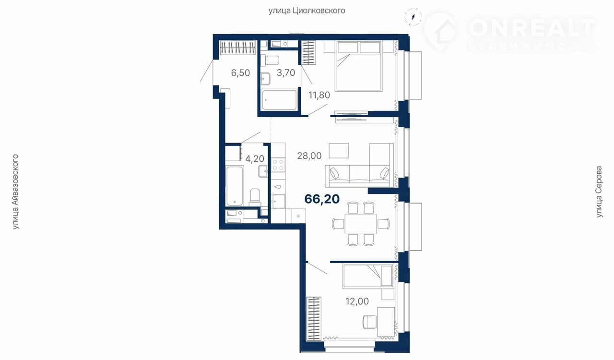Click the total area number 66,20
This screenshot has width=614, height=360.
point(322,199)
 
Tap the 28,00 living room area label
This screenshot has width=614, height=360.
point(309,156)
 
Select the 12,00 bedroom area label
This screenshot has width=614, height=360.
point(357,301)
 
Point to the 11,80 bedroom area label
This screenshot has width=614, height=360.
point(319,95)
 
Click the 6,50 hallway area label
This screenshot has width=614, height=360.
point(240,73)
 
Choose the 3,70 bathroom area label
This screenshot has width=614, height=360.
point(285,72)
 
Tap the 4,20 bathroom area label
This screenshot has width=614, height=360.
point(255,158)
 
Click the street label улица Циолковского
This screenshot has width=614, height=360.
point(307,11)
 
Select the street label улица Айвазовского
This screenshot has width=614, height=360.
point(15,192)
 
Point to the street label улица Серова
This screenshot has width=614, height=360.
point(600,192)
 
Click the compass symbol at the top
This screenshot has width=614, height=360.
point(413,17)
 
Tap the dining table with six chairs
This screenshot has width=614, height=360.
point(361,224)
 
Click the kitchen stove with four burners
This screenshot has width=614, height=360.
point(278,165)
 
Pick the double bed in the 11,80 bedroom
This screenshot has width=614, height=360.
point(358,66)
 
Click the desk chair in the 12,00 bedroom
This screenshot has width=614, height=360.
point(369,322)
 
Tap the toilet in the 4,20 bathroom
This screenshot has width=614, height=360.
point(255,197)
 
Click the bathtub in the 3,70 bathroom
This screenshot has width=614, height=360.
point(279,100)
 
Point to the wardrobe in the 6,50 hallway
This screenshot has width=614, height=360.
point(238,48)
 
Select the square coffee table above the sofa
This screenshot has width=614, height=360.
point(339,151)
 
